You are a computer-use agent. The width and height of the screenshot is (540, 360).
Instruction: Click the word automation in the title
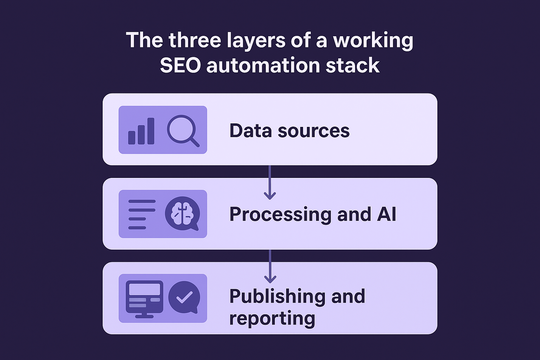pyautogui.click(x=263, y=65)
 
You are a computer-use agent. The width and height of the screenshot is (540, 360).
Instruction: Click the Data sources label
pyautogui.click(x=289, y=130)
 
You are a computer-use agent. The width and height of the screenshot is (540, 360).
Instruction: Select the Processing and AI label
pyautogui.click(x=313, y=214)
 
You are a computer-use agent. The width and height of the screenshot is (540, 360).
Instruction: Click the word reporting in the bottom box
pyautogui.click(x=272, y=319)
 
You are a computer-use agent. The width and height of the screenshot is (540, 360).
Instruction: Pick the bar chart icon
pyautogui.click(x=141, y=131)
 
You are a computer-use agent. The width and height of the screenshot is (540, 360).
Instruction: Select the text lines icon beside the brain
pyautogui.click(x=142, y=214)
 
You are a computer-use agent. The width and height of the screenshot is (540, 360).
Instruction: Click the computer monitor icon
pyautogui.click(x=144, y=298)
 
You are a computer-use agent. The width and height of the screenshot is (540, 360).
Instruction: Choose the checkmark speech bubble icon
pyautogui.click(x=184, y=297)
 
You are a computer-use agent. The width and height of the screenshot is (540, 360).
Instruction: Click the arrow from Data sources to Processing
pyautogui.click(x=270, y=183)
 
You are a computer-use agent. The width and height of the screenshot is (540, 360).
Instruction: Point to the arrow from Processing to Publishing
pyautogui.click(x=270, y=266)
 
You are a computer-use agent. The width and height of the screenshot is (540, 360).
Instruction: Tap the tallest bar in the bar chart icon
pyautogui.click(x=151, y=131)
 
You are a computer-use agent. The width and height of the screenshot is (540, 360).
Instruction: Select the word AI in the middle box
pyautogui.click(x=386, y=214)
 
